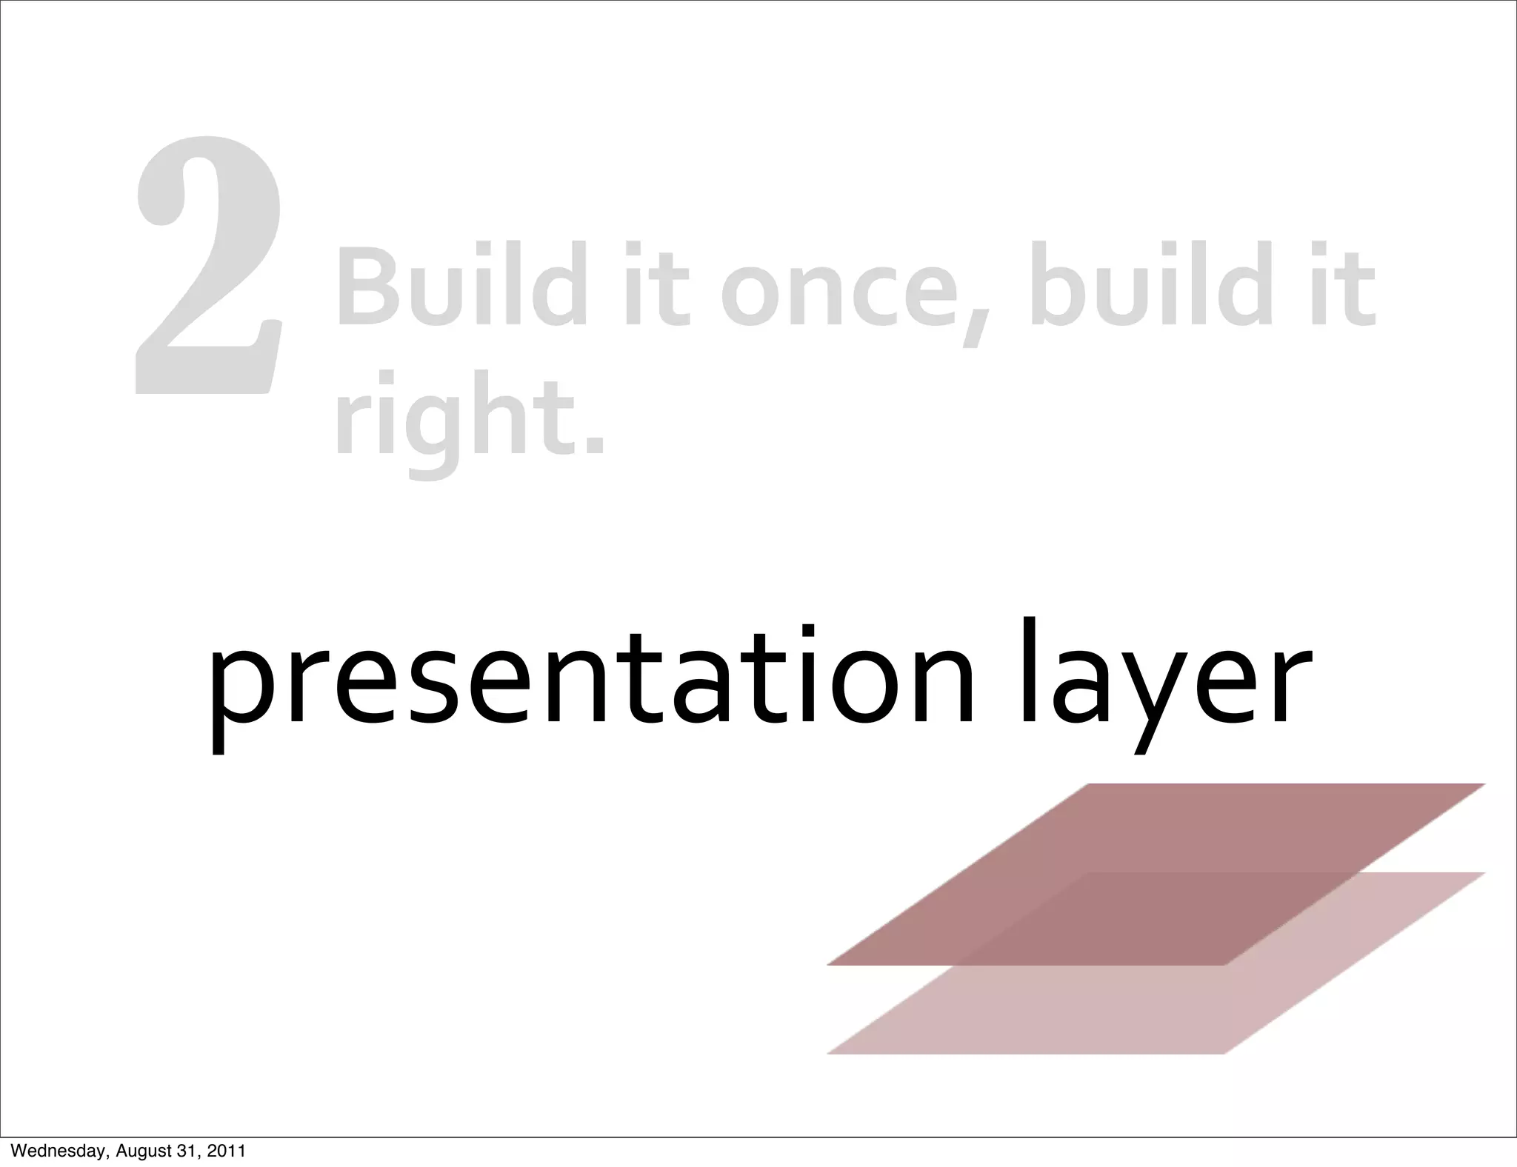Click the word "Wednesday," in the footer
click(x=59, y=1151)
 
